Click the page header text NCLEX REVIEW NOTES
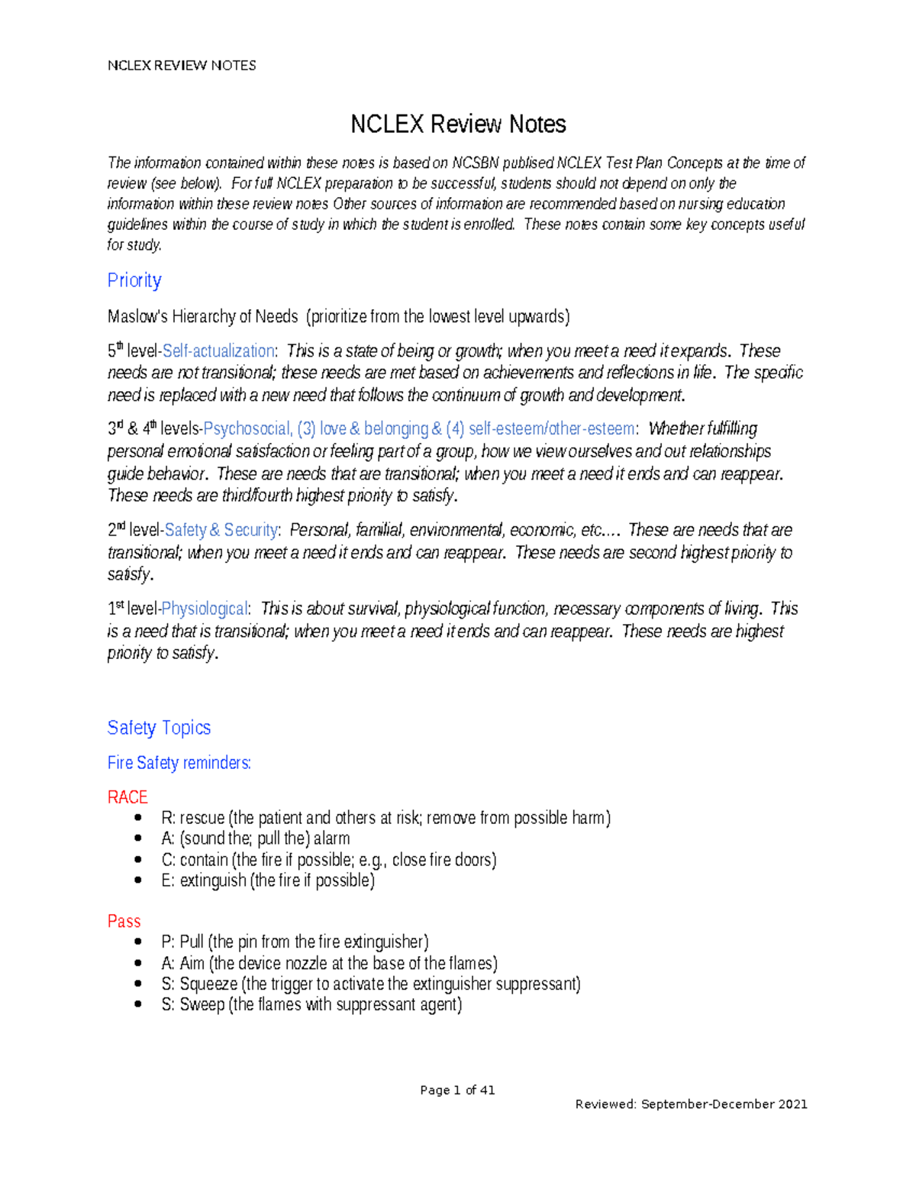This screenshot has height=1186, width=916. pyautogui.click(x=182, y=66)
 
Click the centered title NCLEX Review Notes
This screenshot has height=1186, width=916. pyautogui.click(x=458, y=124)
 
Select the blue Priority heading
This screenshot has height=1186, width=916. pyautogui.click(x=134, y=280)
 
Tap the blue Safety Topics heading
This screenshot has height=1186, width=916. pyautogui.click(x=159, y=727)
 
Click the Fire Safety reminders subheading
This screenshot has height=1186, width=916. pyautogui.click(x=179, y=762)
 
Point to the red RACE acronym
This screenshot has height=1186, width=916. pyautogui.click(x=127, y=797)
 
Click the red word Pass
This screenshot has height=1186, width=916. pyautogui.click(x=124, y=921)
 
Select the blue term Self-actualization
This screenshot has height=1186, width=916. pyautogui.click(x=218, y=351)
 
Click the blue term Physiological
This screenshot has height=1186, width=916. pyautogui.click(x=205, y=609)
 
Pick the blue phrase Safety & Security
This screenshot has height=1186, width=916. pyautogui.click(x=221, y=530)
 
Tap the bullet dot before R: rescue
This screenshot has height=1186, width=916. pyautogui.click(x=138, y=818)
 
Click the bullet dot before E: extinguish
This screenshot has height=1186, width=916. pyautogui.click(x=138, y=881)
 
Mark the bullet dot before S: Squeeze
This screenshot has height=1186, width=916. pyautogui.click(x=138, y=984)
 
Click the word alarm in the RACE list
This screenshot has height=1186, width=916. pyautogui.click(x=331, y=839)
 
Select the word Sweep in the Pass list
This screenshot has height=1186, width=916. pyautogui.click(x=202, y=1004)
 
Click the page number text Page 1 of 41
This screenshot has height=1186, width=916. pyautogui.click(x=457, y=1090)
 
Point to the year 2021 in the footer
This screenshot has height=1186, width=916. pyautogui.click(x=792, y=1104)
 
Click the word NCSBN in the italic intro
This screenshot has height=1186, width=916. pyautogui.click(x=475, y=163)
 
